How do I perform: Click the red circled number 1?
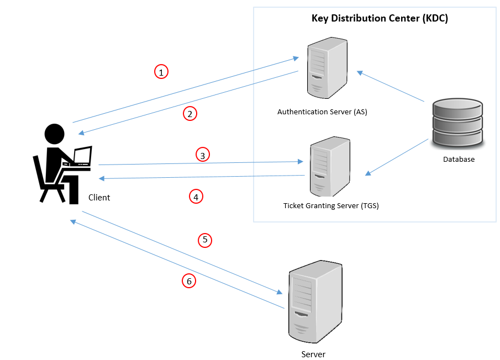pyautogui.click(x=161, y=72)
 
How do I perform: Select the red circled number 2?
pyautogui.click(x=190, y=114)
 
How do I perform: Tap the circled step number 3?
pyautogui.click(x=203, y=156)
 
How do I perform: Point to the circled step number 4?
pyautogui.click(x=196, y=196)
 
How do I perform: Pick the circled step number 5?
pyautogui.click(x=205, y=240)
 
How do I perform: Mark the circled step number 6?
pyautogui.click(x=189, y=282)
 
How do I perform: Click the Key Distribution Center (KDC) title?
pyautogui.click(x=380, y=18)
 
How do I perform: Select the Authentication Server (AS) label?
pyautogui.click(x=322, y=112)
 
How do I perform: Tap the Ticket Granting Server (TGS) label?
pyautogui.click(x=331, y=206)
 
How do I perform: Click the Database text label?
pyautogui.click(x=459, y=160)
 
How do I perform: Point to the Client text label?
pyautogui.click(x=99, y=197)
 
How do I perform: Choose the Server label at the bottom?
pyautogui.click(x=313, y=354)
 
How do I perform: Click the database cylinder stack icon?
pyautogui.click(x=457, y=123)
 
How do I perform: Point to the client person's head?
pyautogui.click(x=54, y=134)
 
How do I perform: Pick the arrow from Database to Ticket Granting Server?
pyautogui.click(x=398, y=157)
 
